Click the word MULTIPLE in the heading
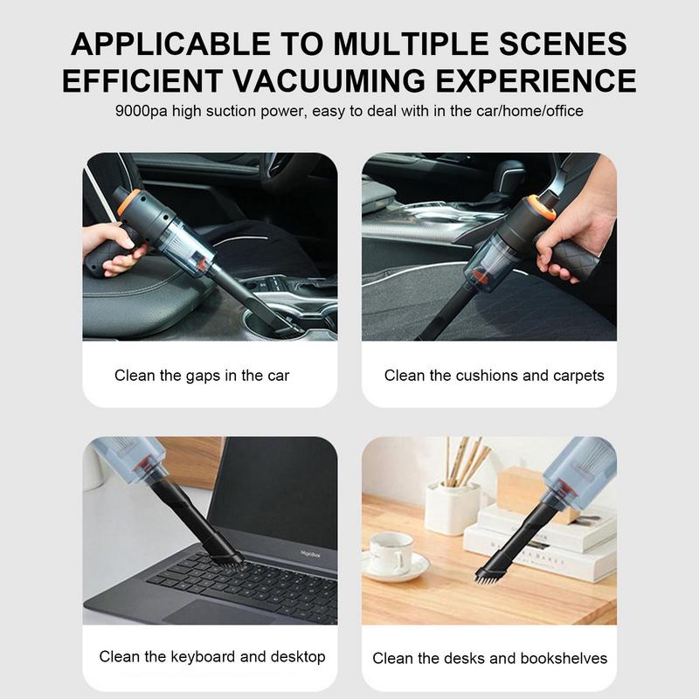click(411, 44)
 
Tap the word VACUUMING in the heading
click(329, 80)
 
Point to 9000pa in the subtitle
click(141, 111)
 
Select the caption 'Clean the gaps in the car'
click(202, 376)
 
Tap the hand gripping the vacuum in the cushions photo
click(574, 223)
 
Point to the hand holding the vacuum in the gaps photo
click(114, 247)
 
